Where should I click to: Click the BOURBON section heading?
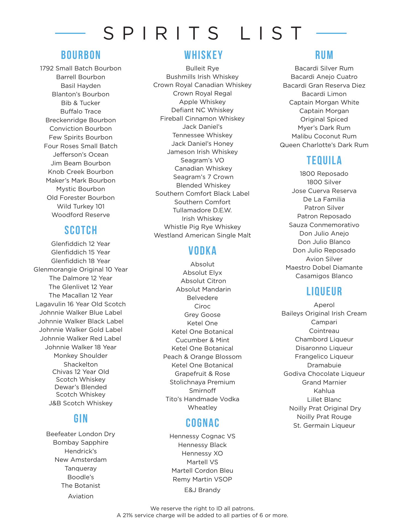[x=81, y=55]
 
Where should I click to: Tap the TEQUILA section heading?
[x=324, y=160]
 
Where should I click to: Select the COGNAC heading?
[x=202, y=423]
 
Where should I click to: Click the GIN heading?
[x=81, y=418]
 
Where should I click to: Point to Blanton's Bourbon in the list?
[x=81, y=94]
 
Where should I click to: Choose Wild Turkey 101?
[x=81, y=206]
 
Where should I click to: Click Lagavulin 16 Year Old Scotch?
[x=81, y=304]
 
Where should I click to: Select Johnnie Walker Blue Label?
[x=81, y=312]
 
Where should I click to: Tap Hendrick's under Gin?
[x=81, y=451]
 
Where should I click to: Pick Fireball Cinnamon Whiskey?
[x=202, y=118]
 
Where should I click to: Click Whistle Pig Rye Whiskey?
[x=202, y=227]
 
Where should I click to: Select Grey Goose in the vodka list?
[x=202, y=315]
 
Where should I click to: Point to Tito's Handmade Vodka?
[x=202, y=399]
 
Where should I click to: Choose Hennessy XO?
[x=202, y=453]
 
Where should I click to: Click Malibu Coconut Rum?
[x=324, y=136]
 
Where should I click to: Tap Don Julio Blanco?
[x=324, y=242]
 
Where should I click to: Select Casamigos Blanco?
[x=324, y=276]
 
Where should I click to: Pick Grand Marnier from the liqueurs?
[x=324, y=382]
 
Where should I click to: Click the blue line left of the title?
[x=70, y=33]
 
